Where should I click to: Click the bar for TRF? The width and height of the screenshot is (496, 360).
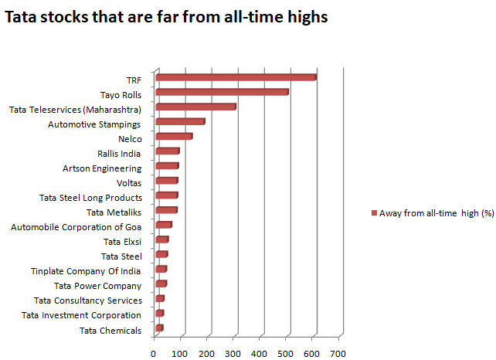tap(236, 77)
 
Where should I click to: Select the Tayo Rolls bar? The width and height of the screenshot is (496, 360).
tap(222, 92)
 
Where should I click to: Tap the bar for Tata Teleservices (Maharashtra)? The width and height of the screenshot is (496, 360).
tap(195, 107)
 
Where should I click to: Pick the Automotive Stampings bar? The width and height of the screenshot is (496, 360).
tap(180, 121)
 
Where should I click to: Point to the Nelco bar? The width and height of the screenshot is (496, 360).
tap(174, 136)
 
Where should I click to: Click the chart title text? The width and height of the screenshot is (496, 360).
tap(166, 16)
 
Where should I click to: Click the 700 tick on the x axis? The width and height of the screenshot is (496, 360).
tap(338, 353)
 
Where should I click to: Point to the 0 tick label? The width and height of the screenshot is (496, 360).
tap(155, 353)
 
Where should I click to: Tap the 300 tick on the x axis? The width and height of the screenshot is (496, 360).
tap(233, 353)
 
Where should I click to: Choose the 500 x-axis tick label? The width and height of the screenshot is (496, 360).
tap(286, 353)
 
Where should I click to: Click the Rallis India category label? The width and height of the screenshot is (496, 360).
tap(119, 153)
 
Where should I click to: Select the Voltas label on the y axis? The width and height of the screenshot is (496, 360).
tap(128, 183)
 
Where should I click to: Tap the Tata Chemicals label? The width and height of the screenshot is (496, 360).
tap(110, 331)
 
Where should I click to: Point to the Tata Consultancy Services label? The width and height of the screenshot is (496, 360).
tap(88, 301)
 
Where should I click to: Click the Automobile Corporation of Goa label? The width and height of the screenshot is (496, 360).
tap(76, 227)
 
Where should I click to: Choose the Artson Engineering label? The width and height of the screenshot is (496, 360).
tap(102, 168)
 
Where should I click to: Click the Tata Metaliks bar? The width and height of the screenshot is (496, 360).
tap(166, 209)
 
